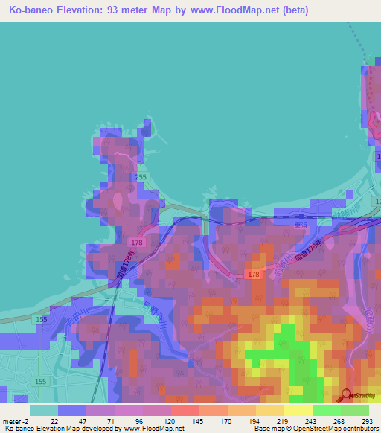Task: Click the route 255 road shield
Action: coord(141,177)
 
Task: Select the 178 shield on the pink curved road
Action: coord(254,275)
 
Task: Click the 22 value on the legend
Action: coord(54,421)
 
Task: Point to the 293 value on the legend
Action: coord(366,421)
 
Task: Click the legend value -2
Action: coord(28,421)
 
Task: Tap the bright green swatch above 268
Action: coord(327,410)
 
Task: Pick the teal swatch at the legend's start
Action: coord(44,410)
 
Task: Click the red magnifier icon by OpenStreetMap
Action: coord(346,395)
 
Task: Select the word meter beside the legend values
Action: coord(12,421)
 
